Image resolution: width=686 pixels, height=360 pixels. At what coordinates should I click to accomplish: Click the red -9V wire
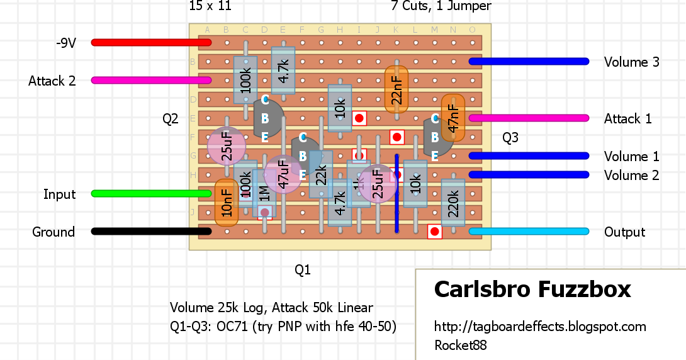point(151,42)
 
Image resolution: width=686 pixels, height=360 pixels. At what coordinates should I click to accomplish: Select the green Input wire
point(151,193)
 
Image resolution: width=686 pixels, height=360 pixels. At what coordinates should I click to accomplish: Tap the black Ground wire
point(151,231)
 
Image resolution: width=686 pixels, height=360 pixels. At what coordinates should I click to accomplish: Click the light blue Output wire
point(529,231)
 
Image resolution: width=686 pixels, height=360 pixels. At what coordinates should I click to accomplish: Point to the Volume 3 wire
point(529,61)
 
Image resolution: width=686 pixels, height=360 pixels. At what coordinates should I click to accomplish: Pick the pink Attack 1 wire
point(529,118)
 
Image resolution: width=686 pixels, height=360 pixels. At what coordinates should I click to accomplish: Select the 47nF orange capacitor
point(453,118)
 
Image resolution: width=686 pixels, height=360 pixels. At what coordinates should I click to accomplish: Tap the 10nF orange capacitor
point(227,203)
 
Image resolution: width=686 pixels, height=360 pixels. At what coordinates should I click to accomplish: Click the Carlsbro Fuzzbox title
point(532,290)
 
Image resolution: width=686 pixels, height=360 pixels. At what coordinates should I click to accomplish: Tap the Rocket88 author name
point(461,345)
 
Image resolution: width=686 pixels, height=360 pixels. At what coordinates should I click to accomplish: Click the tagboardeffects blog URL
point(540,327)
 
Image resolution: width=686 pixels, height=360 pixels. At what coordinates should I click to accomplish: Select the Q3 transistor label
point(510,137)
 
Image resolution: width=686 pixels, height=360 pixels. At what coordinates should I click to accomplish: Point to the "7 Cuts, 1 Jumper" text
point(441,6)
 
